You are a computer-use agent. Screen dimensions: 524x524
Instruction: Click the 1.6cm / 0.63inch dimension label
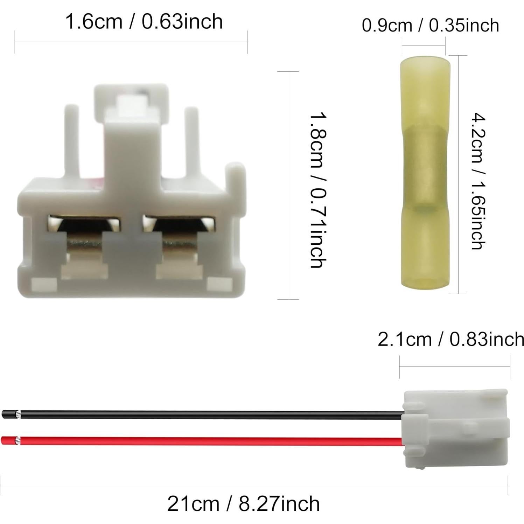(x=144, y=21)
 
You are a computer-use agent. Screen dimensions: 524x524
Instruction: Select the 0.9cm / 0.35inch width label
(x=430, y=26)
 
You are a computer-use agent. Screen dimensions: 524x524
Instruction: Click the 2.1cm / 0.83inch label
(x=451, y=339)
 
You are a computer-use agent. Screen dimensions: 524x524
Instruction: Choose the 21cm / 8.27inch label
(x=243, y=503)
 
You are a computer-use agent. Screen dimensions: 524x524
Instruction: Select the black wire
(x=210, y=415)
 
